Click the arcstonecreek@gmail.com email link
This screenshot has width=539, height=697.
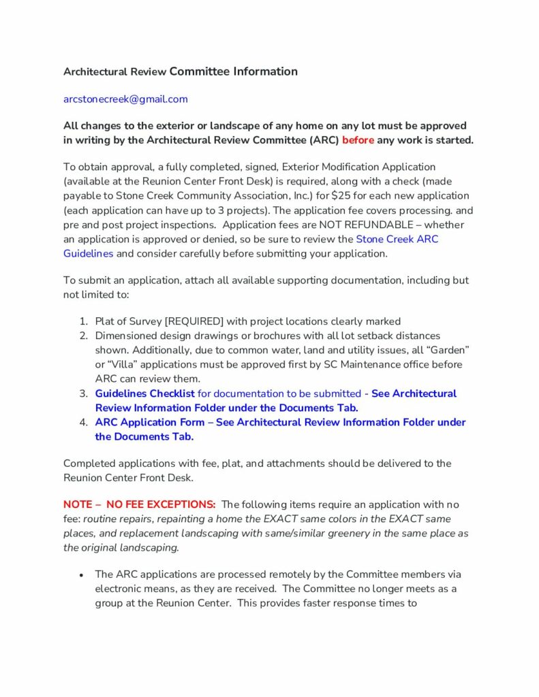(x=125, y=99)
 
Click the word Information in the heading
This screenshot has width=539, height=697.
(x=265, y=71)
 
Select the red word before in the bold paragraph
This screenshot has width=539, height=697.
(x=358, y=140)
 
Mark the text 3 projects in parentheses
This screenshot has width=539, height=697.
(x=262, y=210)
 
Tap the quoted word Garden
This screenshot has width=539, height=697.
(x=446, y=350)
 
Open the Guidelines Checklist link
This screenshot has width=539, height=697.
(x=144, y=393)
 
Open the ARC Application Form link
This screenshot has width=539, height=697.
(x=149, y=422)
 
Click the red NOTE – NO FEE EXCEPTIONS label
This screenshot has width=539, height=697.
(x=140, y=504)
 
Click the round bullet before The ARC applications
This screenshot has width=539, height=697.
(x=82, y=574)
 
